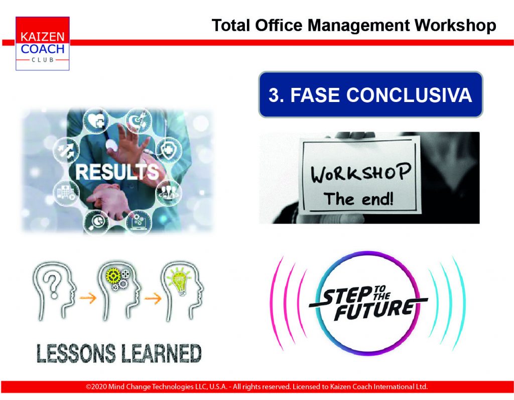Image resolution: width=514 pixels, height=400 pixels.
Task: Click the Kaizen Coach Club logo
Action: coord(42,43)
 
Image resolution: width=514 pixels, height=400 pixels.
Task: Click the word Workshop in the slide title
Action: coord(455,25)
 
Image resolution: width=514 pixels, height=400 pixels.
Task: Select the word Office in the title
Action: coord(279,25)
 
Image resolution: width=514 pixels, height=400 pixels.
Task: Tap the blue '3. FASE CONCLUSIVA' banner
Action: coord(371,94)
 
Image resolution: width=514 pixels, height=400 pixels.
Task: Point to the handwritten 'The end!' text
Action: coord(358,199)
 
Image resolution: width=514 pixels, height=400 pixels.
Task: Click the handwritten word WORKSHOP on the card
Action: coord(360,172)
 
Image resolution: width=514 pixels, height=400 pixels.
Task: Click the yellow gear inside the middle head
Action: coord(113,276)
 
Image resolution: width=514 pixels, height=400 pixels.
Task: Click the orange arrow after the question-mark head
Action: coord(88,298)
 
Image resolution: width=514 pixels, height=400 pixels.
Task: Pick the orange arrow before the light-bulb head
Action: coord(153,298)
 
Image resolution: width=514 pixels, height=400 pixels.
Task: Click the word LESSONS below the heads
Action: coord(76,353)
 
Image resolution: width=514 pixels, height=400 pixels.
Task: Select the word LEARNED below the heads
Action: coord(161,353)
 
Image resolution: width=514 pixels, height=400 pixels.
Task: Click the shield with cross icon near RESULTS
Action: coord(169,150)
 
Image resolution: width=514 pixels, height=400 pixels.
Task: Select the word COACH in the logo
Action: coord(43,49)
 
